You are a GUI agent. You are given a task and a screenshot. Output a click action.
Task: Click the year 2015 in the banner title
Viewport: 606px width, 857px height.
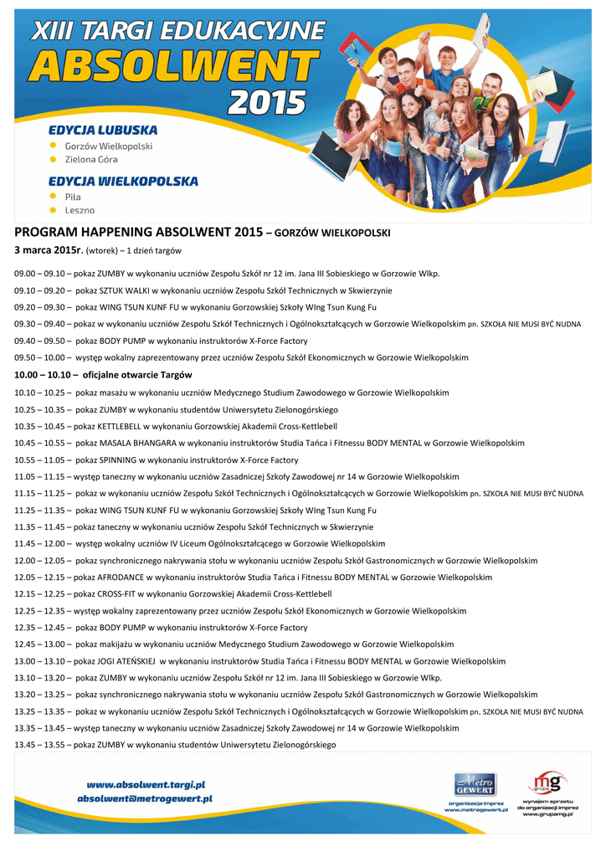coord(268,102)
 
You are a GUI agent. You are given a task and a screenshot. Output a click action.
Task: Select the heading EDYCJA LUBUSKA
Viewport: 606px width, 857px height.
coord(103,130)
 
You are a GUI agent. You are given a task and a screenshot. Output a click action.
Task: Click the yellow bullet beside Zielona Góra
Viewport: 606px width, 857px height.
coord(54,159)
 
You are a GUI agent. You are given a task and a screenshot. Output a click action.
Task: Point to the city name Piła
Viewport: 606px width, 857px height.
coord(74,197)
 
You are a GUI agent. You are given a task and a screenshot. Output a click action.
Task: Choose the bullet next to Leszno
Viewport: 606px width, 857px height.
coord(54,210)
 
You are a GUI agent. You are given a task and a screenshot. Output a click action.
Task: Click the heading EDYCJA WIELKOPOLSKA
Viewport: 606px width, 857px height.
coord(123,181)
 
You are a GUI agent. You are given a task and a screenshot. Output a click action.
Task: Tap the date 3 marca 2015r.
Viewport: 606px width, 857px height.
coord(49,250)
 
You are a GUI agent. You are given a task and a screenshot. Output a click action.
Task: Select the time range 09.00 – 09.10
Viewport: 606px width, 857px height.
coord(40,274)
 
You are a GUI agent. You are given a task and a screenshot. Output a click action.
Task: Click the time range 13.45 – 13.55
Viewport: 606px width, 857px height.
coord(40,745)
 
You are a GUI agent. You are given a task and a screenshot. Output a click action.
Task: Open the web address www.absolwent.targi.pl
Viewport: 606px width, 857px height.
coord(146,784)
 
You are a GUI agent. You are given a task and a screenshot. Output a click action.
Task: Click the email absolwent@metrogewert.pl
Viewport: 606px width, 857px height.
coord(145,799)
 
